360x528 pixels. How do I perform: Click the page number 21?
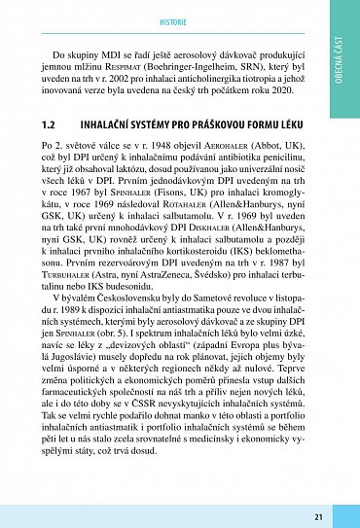[x=318, y=516]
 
